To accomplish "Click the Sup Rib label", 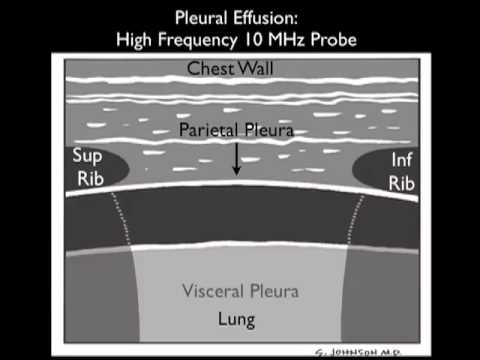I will click(x=87, y=165).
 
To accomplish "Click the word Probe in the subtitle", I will click(x=338, y=40).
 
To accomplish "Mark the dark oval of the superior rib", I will click(x=100, y=167).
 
